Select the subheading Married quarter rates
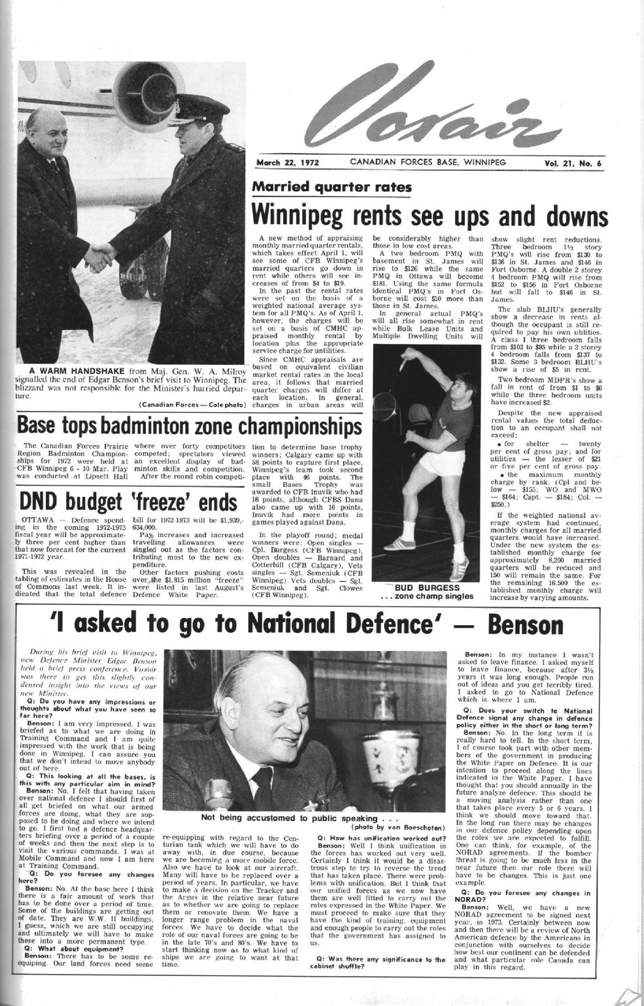(x=332, y=186)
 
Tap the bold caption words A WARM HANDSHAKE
(x=68, y=370)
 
